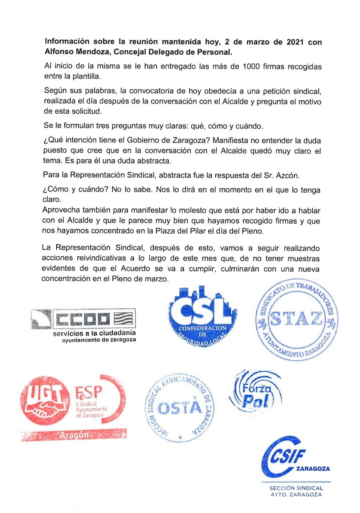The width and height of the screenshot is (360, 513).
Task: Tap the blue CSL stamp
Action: tap(197, 317)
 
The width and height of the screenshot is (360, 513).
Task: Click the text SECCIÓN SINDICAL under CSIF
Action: tap(296, 488)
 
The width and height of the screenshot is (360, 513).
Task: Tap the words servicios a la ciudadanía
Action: tap(95, 333)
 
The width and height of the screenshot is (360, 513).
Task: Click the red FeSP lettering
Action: tap(88, 391)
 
